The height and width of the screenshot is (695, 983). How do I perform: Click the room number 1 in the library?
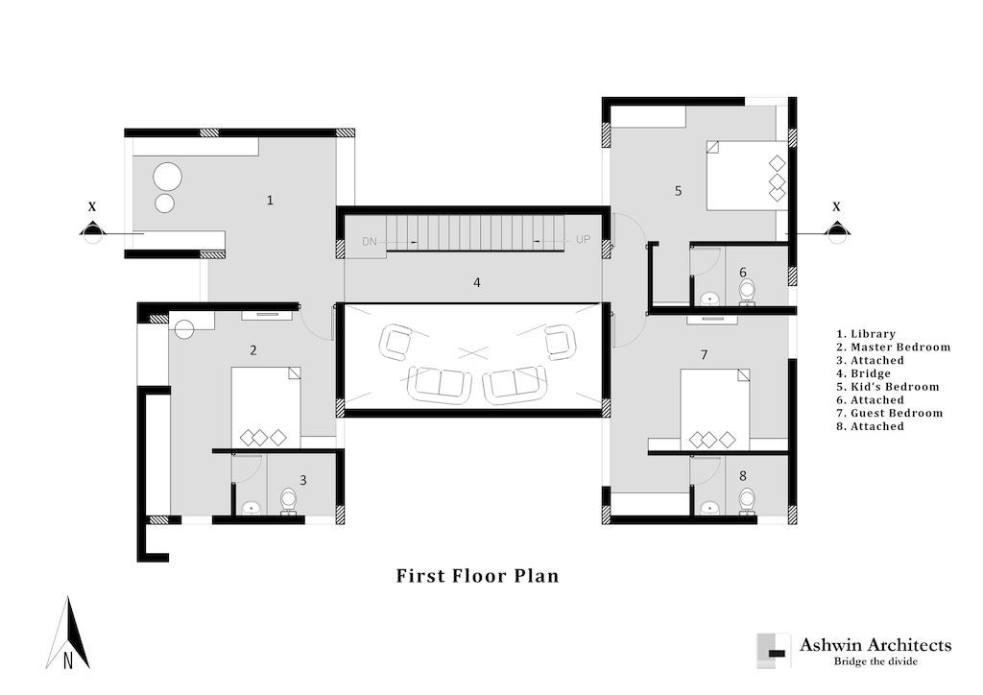(270, 201)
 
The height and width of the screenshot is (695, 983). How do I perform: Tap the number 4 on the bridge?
(477, 282)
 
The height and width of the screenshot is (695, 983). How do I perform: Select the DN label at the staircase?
(370, 241)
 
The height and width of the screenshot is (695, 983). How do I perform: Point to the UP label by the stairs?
(583, 239)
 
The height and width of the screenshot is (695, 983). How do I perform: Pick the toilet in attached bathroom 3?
(288, 501)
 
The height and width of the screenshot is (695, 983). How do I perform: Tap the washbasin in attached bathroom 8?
(709, 506)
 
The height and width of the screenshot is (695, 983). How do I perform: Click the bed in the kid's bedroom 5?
(747, 175)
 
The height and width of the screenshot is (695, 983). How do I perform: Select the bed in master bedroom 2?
(266, 408)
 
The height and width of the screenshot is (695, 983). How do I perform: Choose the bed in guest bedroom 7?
(715, 409)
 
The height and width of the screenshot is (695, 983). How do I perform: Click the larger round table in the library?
(167, 176)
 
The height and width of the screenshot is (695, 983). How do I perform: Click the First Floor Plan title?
(477, 575)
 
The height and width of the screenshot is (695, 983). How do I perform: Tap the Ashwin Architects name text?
(875, 645)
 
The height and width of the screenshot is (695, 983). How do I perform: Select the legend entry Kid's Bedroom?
(888, 387)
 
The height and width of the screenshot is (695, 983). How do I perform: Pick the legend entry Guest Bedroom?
(890, 413)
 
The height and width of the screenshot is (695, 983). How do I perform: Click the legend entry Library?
(866, 334)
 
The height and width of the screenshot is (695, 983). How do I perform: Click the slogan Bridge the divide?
(875, 661)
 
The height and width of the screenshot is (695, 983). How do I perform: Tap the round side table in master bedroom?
(184, 327)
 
